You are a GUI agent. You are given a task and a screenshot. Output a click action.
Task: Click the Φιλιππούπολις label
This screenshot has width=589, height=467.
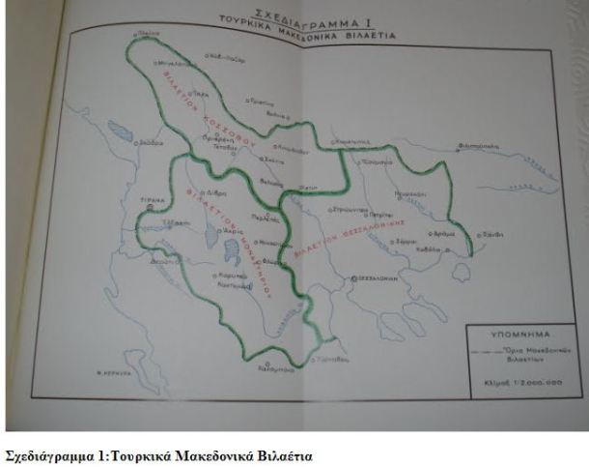(481, 148)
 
